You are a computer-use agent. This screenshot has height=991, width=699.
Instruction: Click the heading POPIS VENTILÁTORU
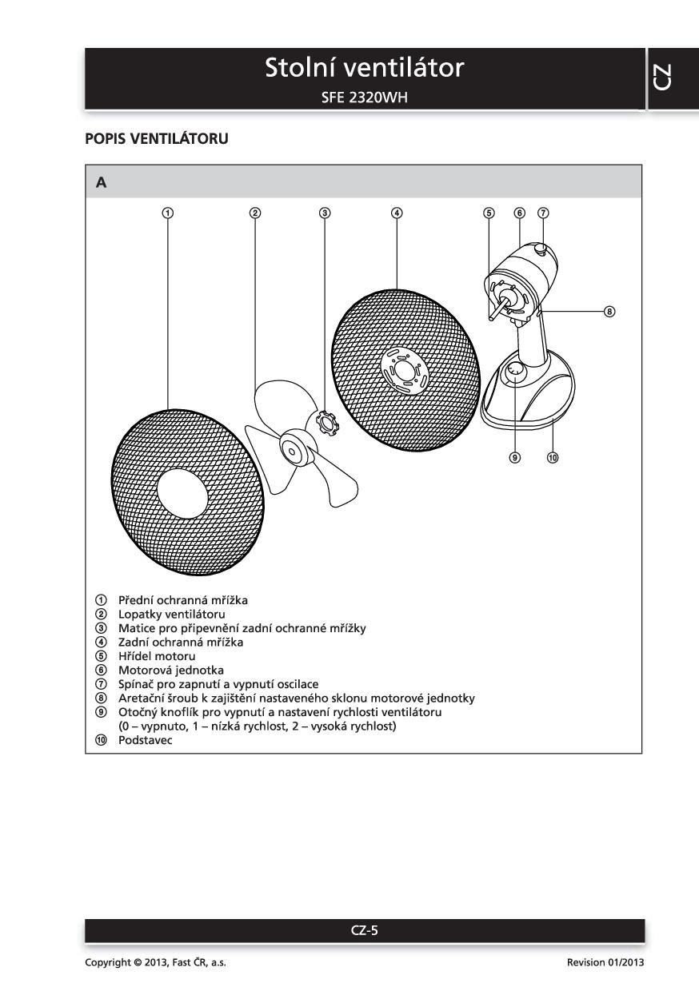click(157, 139)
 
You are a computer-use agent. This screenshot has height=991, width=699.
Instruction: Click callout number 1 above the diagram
click(168, 213)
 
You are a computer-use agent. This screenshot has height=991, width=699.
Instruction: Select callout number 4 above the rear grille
click(397, 213)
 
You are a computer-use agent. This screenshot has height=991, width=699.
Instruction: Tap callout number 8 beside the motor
click(609, 312)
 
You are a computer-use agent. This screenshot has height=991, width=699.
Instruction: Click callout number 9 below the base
click(515, 458)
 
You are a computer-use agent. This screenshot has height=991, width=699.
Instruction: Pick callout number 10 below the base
click(552, 458)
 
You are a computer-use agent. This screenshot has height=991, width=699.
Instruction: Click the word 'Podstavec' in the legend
click(145, 741)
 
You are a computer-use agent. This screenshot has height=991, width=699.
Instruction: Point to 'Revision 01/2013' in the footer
click(605, 962)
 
